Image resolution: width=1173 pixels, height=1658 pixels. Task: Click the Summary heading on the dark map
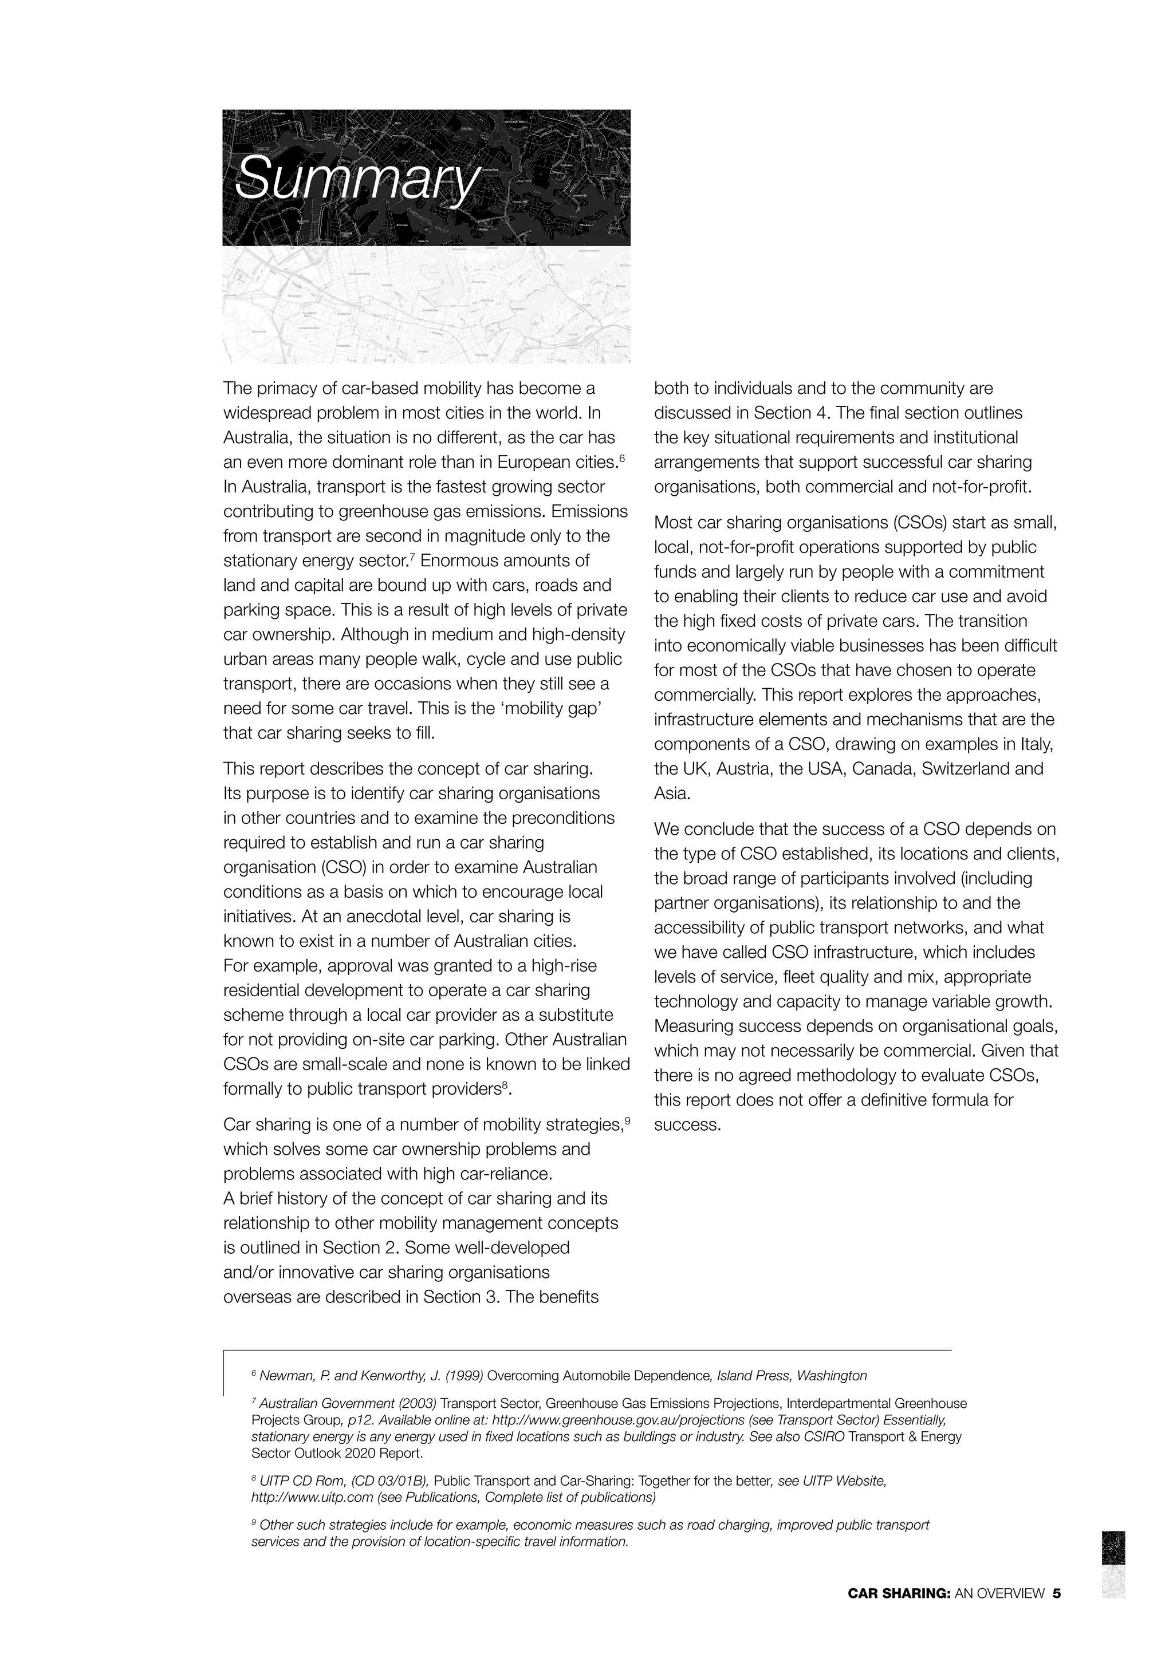tap(357, 177)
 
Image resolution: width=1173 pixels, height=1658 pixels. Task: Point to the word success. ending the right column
tap(688, 1125)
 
